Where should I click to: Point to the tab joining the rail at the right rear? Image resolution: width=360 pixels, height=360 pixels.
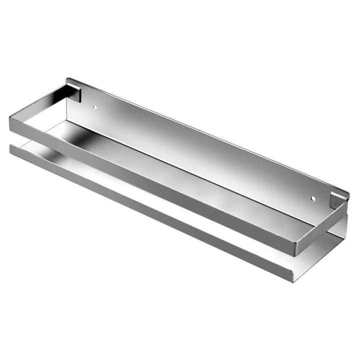[337, 199]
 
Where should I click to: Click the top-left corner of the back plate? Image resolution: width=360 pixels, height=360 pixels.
[67, 79]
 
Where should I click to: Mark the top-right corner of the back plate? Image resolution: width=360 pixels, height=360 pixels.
[347, 190]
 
